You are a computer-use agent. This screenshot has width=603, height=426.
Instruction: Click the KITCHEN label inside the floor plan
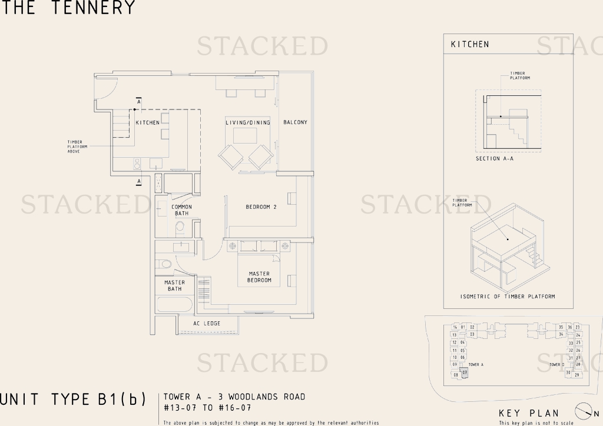[x=147, y=122]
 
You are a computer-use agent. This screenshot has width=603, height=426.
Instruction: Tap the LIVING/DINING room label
[x=247, y=122]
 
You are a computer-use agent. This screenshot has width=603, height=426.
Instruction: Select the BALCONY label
[x=295, y=122]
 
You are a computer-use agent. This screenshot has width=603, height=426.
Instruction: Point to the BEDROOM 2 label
[x=261, y=207]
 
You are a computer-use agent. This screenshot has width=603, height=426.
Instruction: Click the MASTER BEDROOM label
[x=259, y=277]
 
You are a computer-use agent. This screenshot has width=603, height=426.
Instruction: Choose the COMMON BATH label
[x=181, y=210]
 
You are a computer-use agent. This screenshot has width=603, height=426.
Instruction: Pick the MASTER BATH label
[x=174, y=286]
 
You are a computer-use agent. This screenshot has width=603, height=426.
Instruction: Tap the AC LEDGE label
[x=207, y=324]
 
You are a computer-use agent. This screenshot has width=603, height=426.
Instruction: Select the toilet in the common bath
[x=180, y=227]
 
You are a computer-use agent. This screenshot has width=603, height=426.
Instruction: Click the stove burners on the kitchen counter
[x=137, y=163]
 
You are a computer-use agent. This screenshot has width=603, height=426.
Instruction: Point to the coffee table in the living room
[x=246, y=135]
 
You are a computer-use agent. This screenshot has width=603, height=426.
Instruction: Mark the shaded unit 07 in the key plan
[x=464, y=372]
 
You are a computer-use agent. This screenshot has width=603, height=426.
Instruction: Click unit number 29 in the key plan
[x=577, y=374]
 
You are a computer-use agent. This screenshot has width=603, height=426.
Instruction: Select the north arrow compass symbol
[x=583, y=411]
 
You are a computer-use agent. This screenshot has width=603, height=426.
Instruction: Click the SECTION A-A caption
[x=495, y=159]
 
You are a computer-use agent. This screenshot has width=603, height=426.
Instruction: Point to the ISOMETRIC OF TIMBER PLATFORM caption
[x=508, y=297]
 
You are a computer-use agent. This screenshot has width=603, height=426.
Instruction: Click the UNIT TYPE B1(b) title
[x=73, y=400]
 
